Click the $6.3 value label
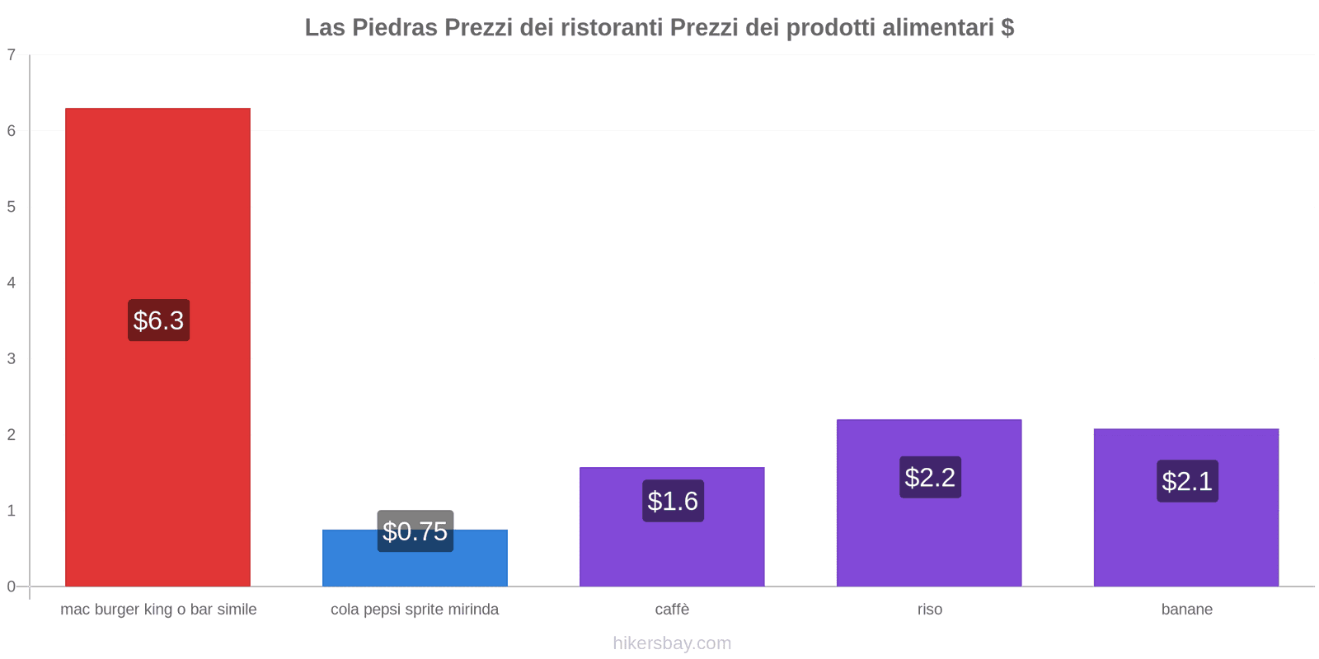(158, 320)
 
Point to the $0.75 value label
(415, 531)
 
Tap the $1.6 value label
(673, 501)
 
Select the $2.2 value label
(930, 477)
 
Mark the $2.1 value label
(1187, 481)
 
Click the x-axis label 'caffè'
(672, 610)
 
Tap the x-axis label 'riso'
(930, 610)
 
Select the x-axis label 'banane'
(1186, 610)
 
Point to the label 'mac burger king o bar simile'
(158, 610)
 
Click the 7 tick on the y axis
(12, 55)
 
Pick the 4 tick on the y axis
(12, 283)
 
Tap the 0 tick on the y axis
(12, 587)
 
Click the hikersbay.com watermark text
(672, 643)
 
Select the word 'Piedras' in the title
(395, 28)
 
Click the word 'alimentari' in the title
(937, 28)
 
